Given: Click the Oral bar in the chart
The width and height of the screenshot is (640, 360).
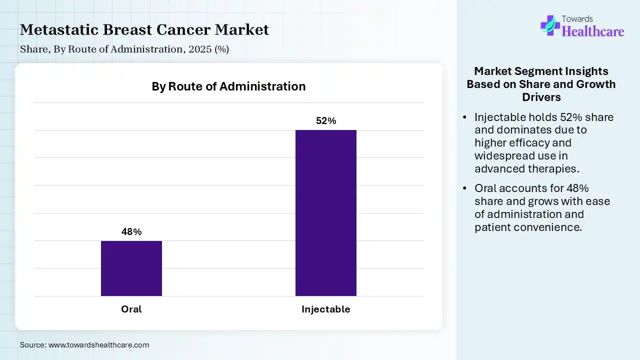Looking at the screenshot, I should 131,268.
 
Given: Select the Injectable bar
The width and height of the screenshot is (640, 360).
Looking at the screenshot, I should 326,213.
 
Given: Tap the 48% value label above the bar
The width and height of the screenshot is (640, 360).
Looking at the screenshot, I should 131,232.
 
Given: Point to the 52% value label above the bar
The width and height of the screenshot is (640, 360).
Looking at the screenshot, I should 326,121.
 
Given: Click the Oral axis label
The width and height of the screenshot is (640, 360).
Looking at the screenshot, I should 131,309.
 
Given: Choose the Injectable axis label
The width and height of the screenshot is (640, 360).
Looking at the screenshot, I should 326,309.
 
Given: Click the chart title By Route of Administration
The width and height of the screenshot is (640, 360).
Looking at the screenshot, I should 228,86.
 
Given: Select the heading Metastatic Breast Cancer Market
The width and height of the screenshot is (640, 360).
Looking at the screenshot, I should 144,30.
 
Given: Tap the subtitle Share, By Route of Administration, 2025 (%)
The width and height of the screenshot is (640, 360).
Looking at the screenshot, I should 124,49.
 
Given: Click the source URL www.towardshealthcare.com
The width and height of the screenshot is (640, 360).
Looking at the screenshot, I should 99,345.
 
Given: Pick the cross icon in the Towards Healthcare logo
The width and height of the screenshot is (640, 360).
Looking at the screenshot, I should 550,25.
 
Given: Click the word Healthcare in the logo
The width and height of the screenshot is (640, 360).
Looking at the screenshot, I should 593,31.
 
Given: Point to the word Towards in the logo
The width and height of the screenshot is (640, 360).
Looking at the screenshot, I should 578,19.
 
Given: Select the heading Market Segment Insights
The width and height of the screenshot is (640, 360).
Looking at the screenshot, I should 541,71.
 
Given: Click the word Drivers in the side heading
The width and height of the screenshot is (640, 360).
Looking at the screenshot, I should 541,97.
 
